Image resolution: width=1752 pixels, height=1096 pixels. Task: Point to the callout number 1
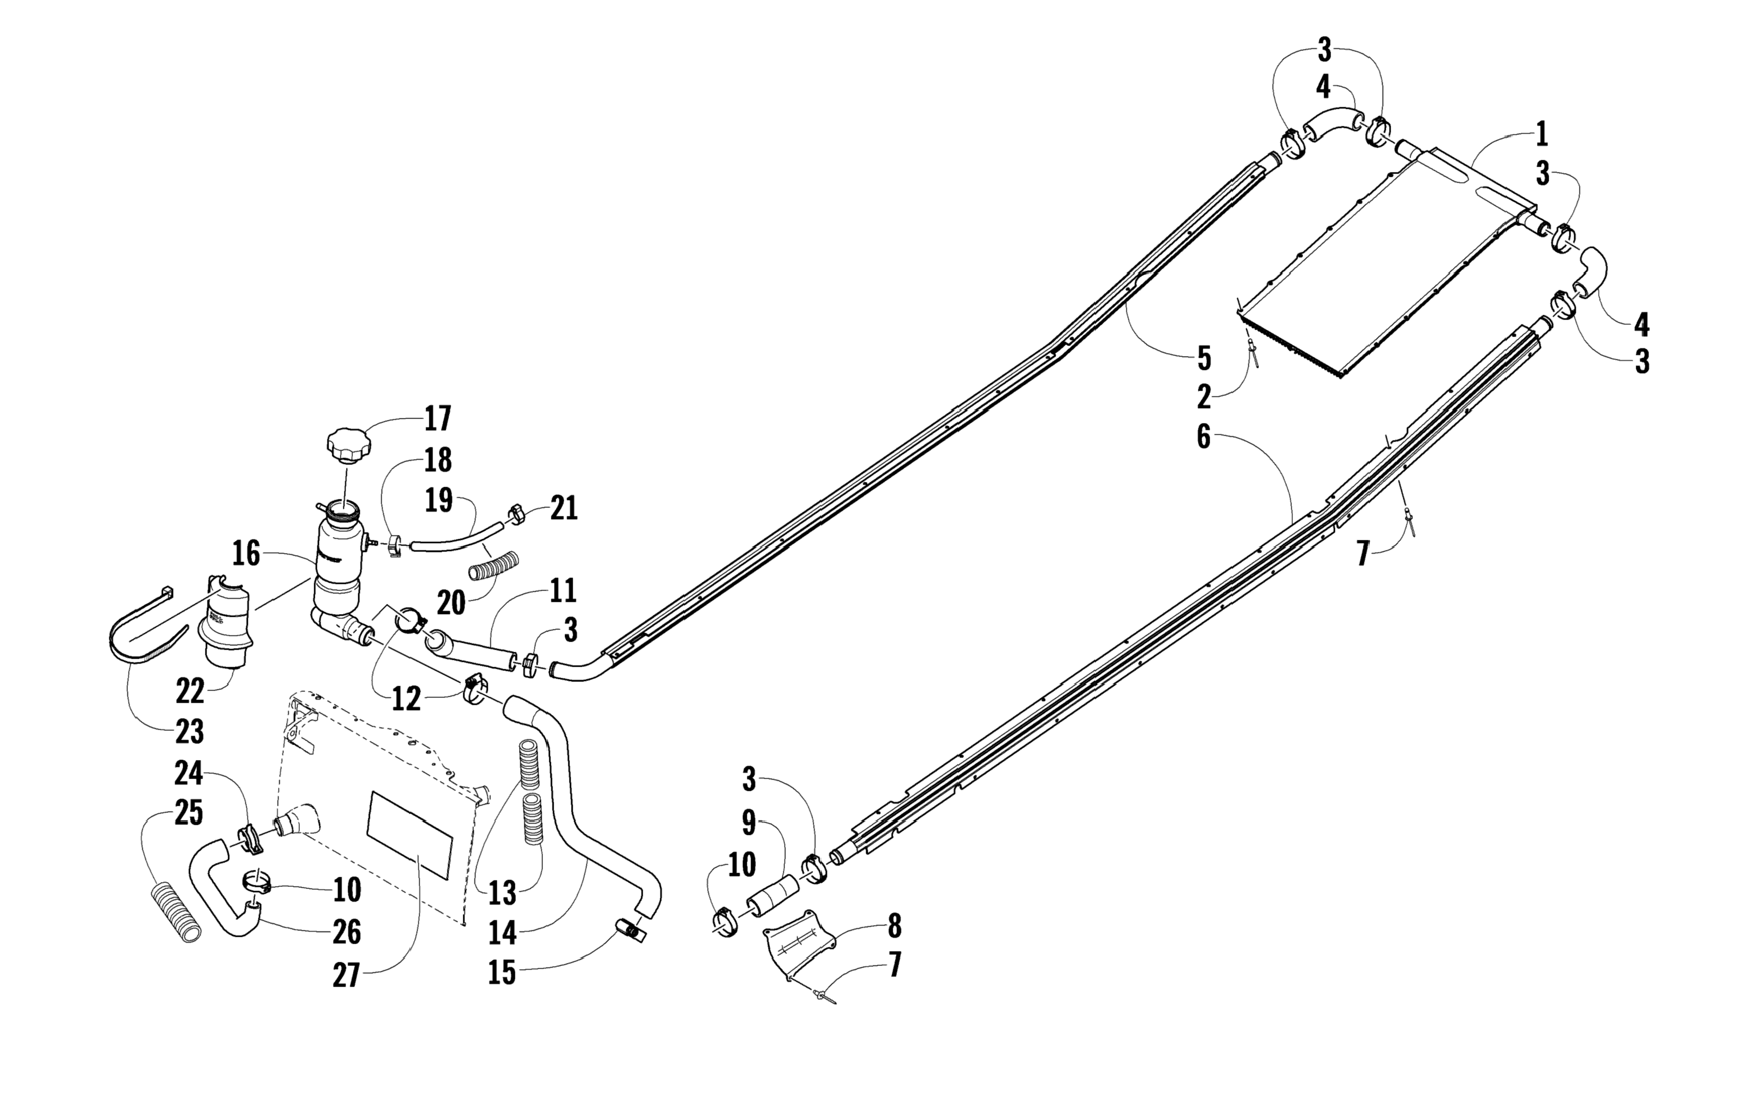(x=1541, y=135)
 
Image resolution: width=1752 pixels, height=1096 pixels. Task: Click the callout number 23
(x=189, y=732)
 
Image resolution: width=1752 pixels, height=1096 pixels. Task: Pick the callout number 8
(x=894, y=926)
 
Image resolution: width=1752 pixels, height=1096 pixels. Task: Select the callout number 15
(x=502, y=972)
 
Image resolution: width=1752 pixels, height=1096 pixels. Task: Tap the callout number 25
(x=188, y=813)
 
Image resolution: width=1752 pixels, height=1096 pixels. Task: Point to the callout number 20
(x=450, y=602)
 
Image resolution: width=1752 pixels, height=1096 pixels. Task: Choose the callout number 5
(x=1203, y=358)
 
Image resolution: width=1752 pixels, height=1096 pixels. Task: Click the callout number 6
(x=1203, y=437)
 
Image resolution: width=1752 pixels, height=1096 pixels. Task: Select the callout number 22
(x=190, y=692)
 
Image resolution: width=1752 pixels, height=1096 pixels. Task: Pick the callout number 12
(x=406, y=699)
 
